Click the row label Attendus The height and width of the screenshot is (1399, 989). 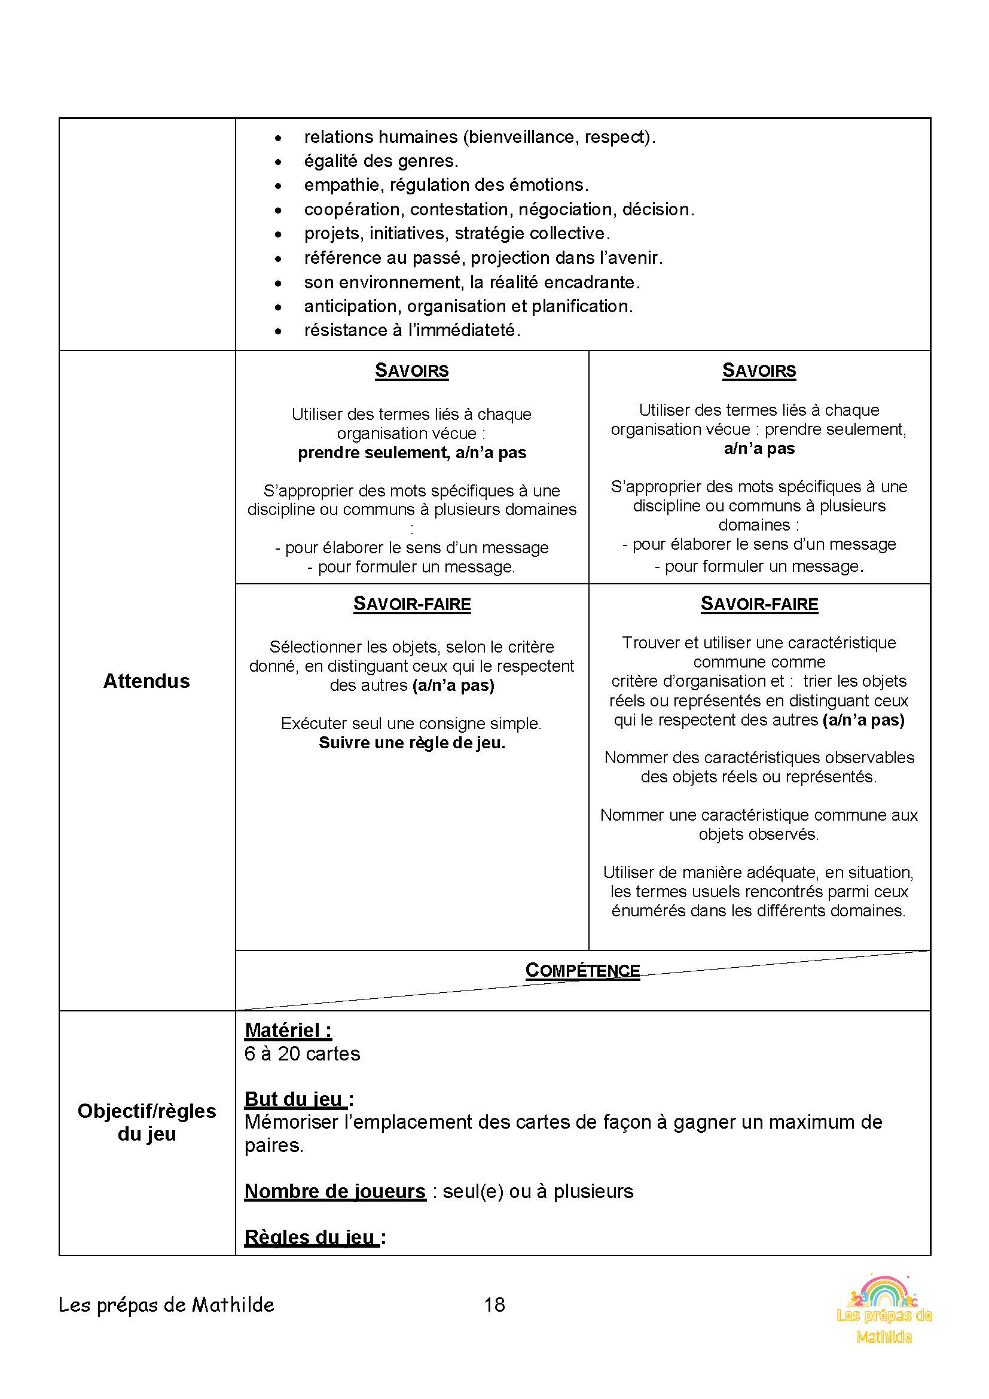(x=146, y=681)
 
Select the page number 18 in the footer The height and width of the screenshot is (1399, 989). (x=494, y=1304)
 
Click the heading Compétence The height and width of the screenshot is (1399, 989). (x=582, y=971)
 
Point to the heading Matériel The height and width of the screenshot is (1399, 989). (x=288, y=1031)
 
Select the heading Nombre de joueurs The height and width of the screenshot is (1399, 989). (x=334, y=1191)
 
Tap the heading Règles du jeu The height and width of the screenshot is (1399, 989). (x=315, y=1237)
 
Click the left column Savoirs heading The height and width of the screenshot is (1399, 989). (x=411, y=370)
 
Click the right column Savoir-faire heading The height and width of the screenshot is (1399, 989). (x=759, y=604)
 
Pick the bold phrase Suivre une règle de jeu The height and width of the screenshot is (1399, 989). (x=411, y=743)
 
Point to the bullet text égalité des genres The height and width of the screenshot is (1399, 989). (x=381, y=161)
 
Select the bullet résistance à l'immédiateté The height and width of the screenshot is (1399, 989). (x=413, y=330)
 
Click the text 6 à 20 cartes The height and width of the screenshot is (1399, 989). (x=302, y=1053)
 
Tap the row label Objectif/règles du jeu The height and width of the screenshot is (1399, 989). (x=146, y=1121)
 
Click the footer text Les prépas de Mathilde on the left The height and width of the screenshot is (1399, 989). (x=166, y=1304)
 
